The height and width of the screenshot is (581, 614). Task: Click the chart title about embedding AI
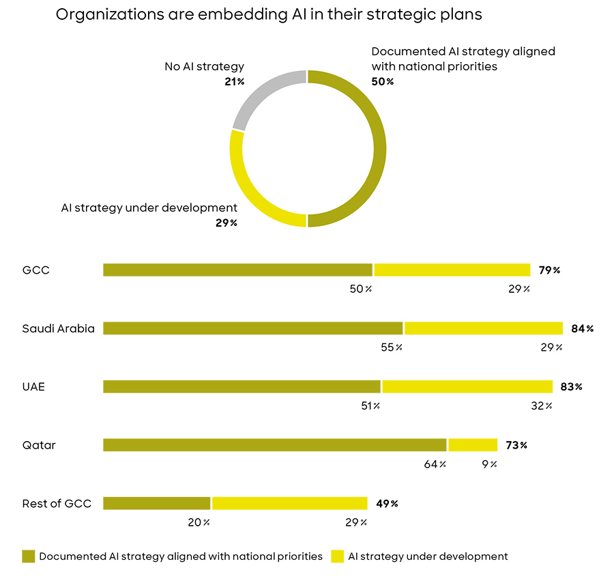click(x=269, y=15)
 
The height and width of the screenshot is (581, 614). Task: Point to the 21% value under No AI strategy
click(x=234, y=81)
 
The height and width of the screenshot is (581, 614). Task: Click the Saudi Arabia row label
click(x=58, y=328)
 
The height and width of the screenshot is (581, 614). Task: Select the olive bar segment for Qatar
click(x=274, y=445)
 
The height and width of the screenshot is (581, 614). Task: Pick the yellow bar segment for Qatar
click(x=473, y=445)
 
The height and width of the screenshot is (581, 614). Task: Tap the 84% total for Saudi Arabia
click(x=583, y=328)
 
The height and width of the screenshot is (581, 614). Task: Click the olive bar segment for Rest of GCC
click(x=156, y=503)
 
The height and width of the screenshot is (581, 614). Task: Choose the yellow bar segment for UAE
click(x=467, y=386)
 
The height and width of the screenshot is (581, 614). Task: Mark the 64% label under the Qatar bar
click(x=435, y=464)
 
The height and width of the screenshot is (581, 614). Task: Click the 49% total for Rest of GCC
click(x=386, y=504)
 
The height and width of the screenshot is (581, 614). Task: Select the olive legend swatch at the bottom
click(x=28, y=556)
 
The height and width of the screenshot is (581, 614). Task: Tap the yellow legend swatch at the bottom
click(x=337, y=556)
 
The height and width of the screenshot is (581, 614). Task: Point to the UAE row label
click(x=33, y=386)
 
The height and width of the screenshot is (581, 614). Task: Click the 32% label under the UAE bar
click(x=541, y=406)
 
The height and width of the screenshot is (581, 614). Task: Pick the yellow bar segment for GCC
click(x=452, y=270)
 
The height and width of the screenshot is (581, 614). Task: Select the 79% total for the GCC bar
click(x=549, y=270)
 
